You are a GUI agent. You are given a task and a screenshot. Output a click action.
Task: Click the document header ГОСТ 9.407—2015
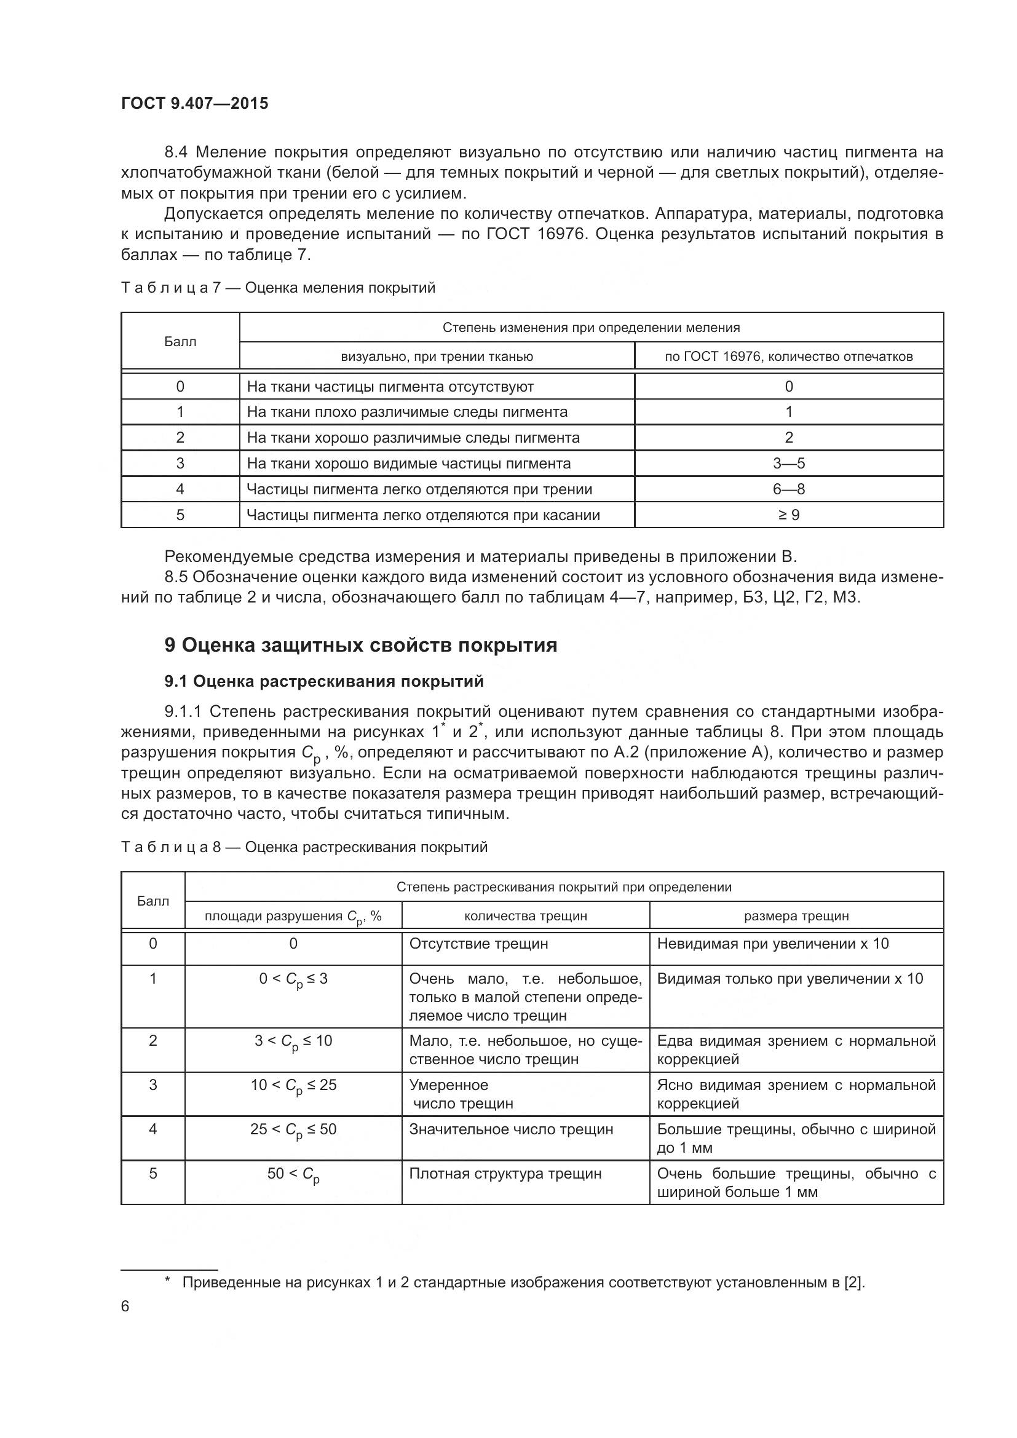coord(194,103)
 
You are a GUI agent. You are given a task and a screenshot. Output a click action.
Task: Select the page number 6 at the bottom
coord(125,1306)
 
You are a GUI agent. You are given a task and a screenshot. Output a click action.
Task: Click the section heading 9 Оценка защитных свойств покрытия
coord(360,645)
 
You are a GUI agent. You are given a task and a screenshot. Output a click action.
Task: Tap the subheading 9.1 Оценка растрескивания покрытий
coord(324,681)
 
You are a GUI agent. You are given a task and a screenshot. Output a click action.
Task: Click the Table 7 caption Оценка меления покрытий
coord(277,288)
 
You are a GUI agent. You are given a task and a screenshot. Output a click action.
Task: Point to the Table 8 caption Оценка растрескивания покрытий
coord(304,847)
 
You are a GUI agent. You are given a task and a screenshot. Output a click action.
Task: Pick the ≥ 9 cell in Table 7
coord(788,515)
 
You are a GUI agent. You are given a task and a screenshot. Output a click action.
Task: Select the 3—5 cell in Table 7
coord(788,464)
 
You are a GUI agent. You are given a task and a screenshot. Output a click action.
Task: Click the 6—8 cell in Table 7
coord(788,489)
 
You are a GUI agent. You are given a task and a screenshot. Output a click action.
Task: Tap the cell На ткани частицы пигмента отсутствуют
coord(390,387)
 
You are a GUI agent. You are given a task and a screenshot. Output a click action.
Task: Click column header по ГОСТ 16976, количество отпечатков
coord(788,357)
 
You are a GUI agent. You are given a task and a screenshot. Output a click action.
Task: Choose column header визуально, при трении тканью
coord(437,357)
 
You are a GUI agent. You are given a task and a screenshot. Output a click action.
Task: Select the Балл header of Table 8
coord(153,901)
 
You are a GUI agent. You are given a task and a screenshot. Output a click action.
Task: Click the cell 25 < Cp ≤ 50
coord(293,1130)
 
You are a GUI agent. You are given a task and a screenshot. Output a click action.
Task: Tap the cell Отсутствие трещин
coord(478,944)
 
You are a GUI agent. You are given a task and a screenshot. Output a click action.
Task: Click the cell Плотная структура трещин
coord(505,1174)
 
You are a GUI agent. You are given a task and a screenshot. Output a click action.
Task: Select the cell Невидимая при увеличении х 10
coord(772,944)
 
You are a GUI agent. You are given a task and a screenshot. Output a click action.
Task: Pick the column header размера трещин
coord(796,915)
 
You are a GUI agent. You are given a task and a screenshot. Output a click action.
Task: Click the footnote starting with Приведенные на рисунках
coord(523,1282)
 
